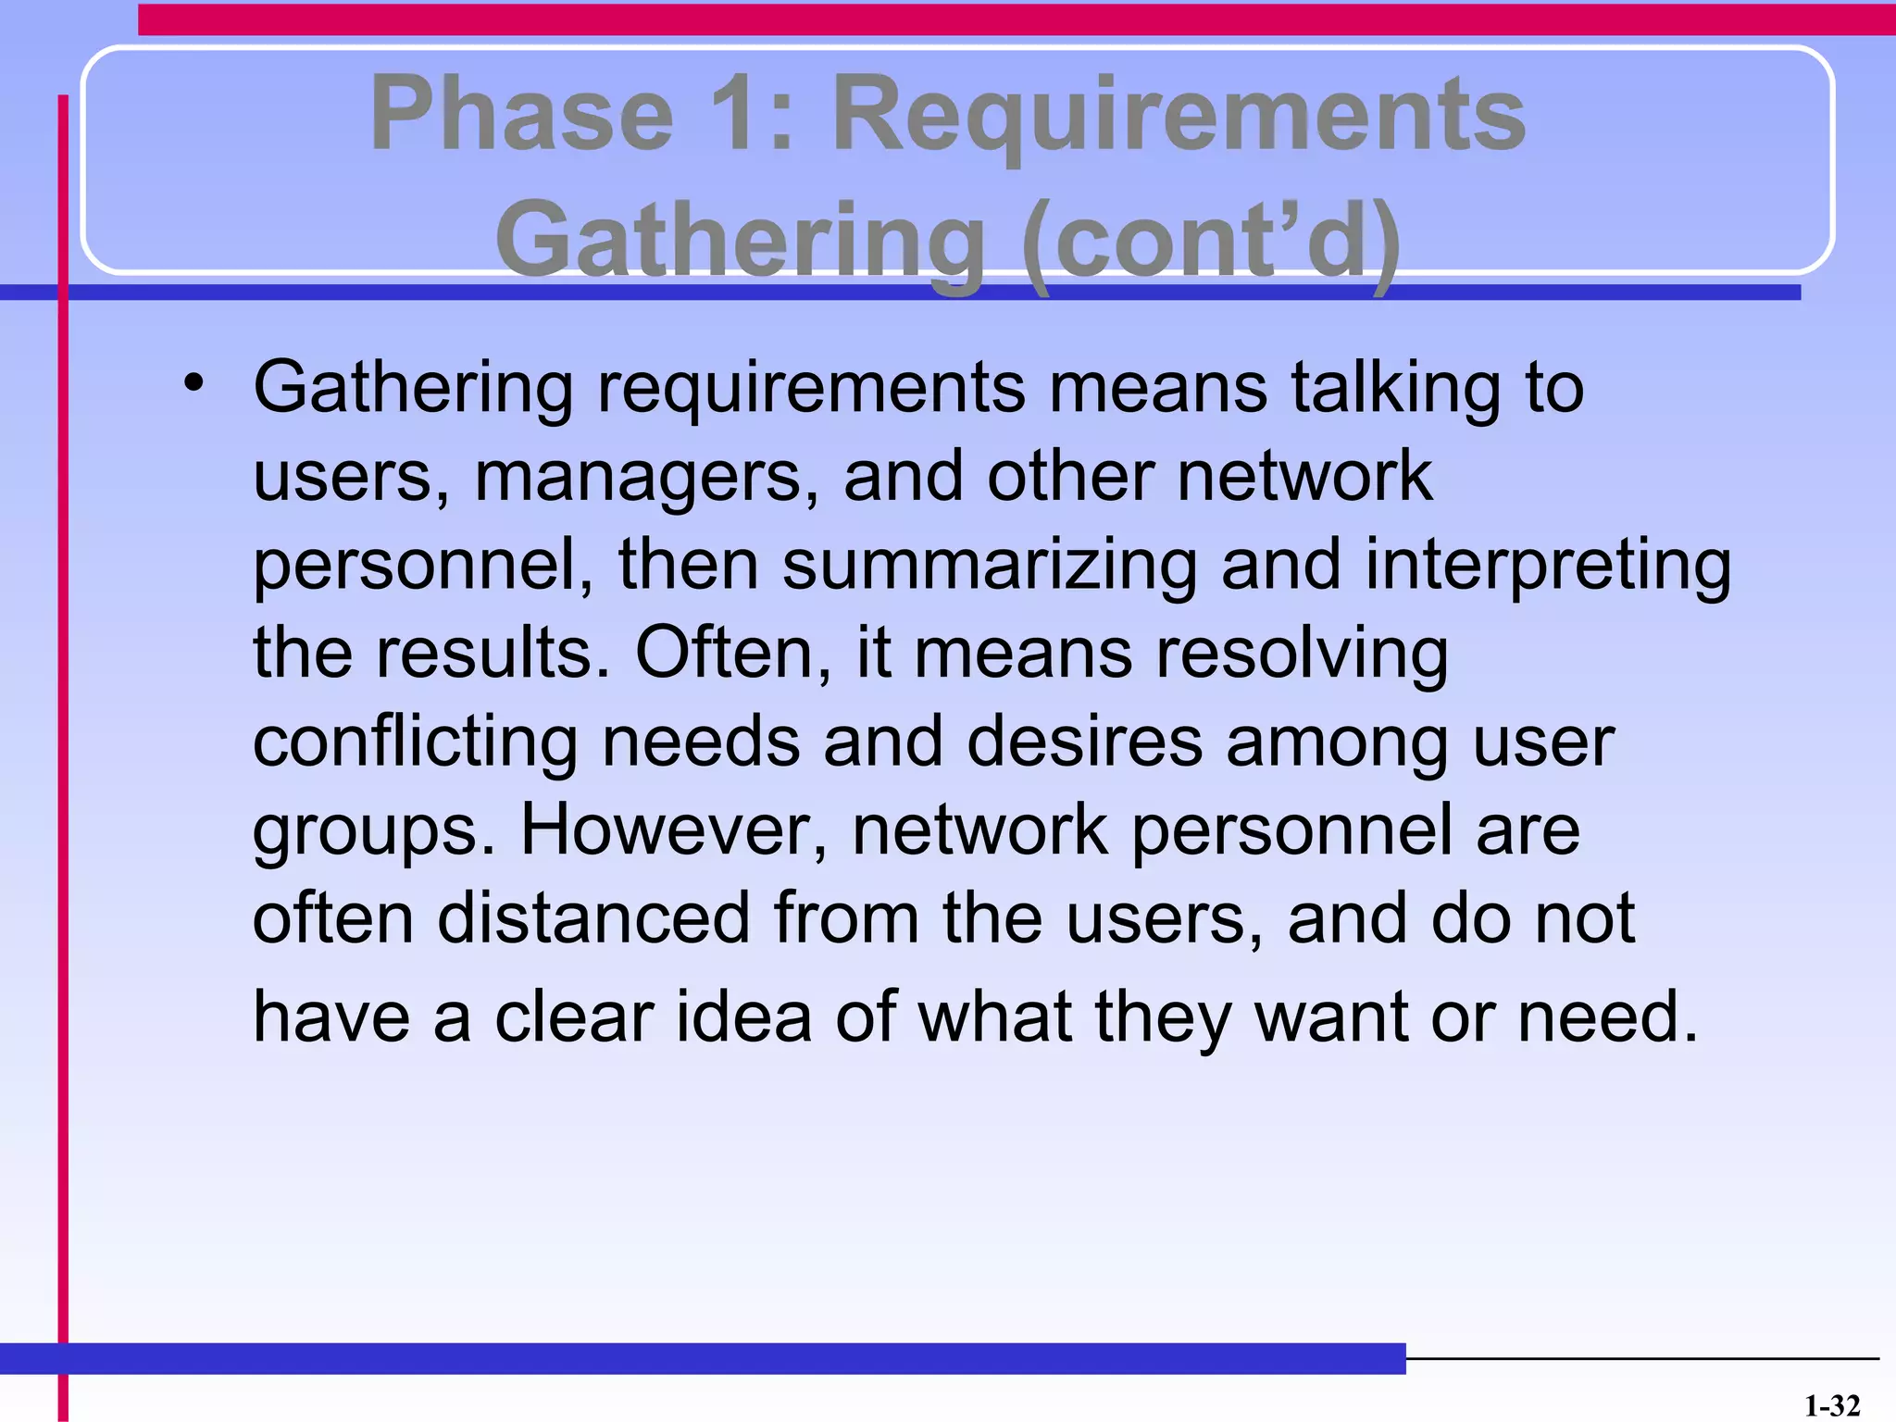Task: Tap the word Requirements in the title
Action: (1179, 116)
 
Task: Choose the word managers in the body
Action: (646, 478)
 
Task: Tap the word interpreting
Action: (1548, 567)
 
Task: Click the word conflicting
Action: (416, 742)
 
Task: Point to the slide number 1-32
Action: (1832, 1406)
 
